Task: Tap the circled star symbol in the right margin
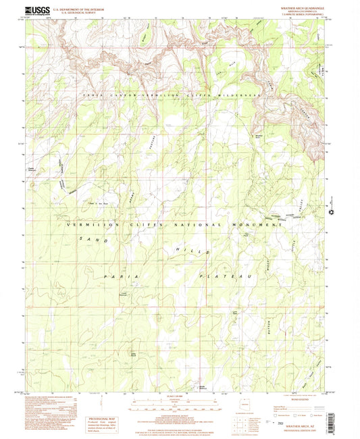(332, 213)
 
